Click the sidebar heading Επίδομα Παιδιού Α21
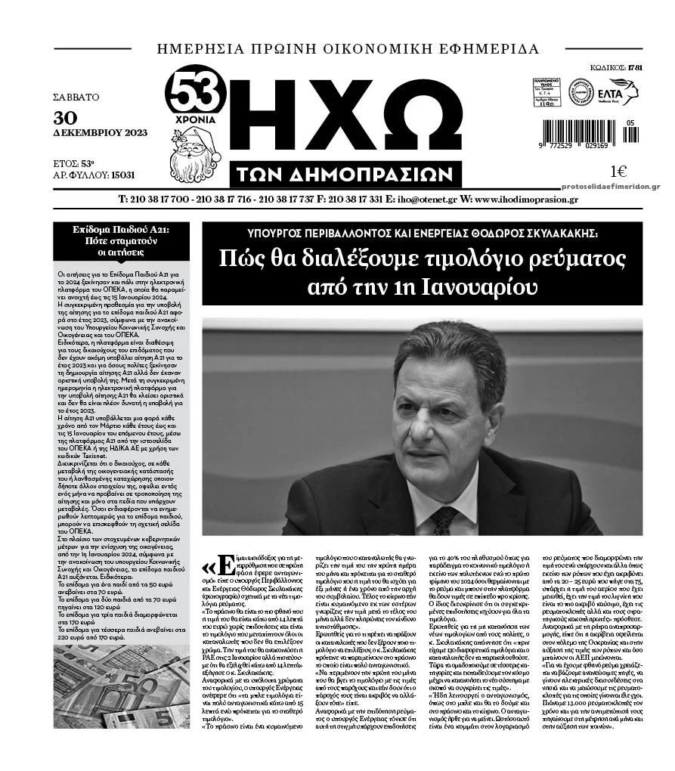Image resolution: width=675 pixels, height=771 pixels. (x=122, y=229)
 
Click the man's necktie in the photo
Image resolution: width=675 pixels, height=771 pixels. (x=443, y=519)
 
